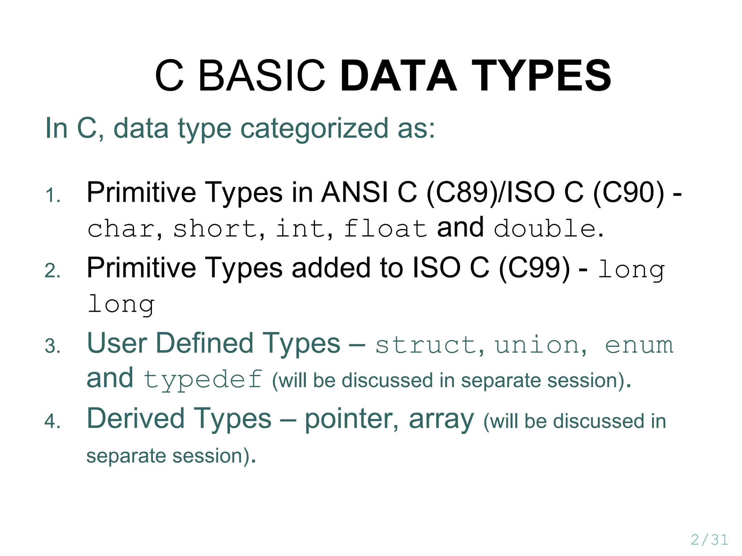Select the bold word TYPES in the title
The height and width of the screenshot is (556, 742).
[x=541, y=76]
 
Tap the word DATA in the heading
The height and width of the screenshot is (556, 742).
[x=399, y=76]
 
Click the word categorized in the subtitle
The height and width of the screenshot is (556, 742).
[x=314, y=129]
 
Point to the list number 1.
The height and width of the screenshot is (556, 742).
[x=53, y=196]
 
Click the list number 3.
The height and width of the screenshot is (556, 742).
[x=53, y=346]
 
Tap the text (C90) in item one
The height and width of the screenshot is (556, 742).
[x=629, y=192]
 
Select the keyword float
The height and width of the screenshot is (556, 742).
[x=385, y=229]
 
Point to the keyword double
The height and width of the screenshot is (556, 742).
[x=545, y=229]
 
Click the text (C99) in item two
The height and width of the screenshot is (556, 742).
[x=534, y=268]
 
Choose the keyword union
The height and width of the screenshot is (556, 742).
[x=537, y=345]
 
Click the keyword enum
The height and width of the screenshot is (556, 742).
[x=639, y=345]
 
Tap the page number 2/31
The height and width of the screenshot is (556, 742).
[x=709, y=540]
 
